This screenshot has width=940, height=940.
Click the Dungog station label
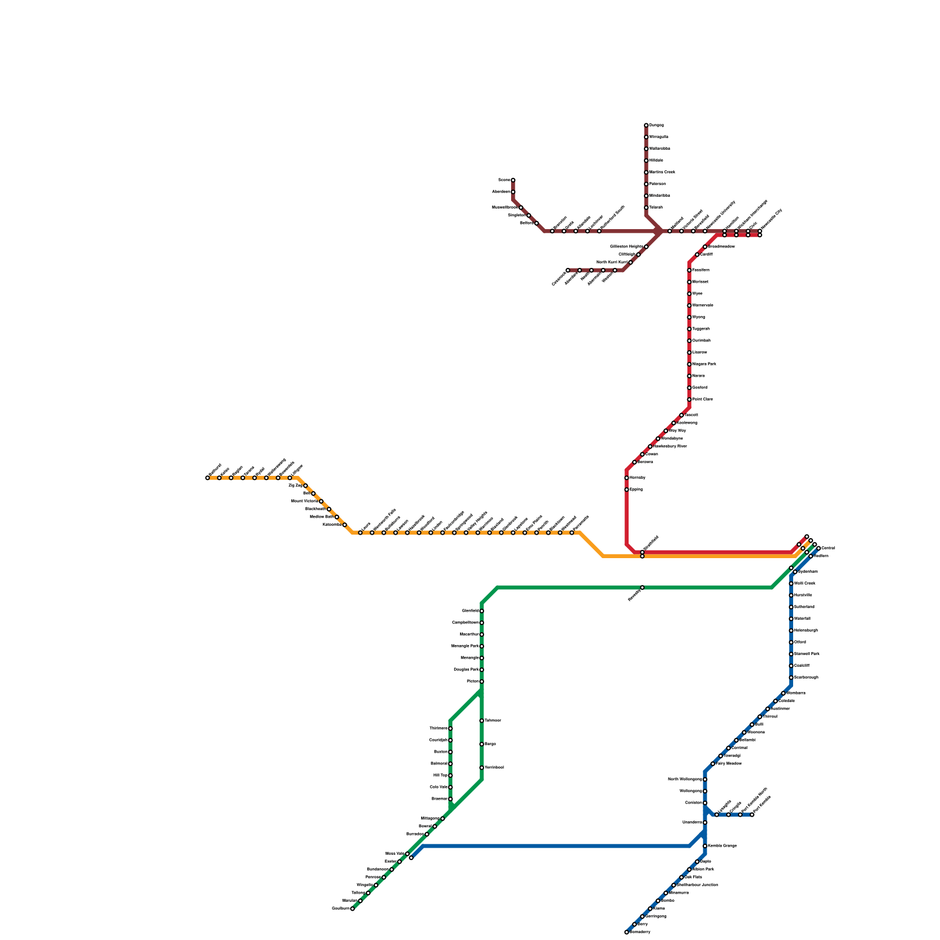(x=656, y=125)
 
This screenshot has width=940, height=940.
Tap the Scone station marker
(x=513, y=180)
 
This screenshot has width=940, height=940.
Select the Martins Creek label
(x=662, y=172)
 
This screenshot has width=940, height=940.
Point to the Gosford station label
(x=700, y=388)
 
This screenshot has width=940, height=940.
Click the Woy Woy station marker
(x=666, y=431)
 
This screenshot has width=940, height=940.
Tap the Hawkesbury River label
(x=670, y=446)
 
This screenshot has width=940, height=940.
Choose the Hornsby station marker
(x=627, y=478)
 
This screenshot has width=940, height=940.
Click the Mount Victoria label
(x=304, y=501)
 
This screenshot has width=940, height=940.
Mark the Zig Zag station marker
(x=305, y=485)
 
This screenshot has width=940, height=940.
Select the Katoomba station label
(x=332, y=525)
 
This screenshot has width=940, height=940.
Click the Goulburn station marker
(x=352, y=909)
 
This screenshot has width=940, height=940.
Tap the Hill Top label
(x=440, y=775)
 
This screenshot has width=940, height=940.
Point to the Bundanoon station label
(x=378, y=869)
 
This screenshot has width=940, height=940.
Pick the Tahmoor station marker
(x=482, y=721)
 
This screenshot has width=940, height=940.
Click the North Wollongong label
(x=684, y=780)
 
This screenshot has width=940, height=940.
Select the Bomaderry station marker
(x=627, y=932)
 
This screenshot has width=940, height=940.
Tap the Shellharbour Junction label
(x=697, y=885)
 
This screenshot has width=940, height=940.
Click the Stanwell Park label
(x=807, y=654)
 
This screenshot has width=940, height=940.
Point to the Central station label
(x=828, y=548)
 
